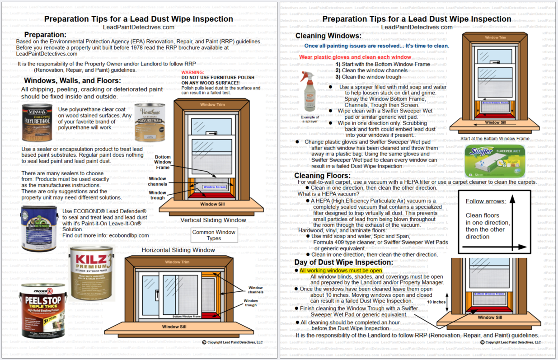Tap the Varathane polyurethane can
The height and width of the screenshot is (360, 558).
coord(150,122)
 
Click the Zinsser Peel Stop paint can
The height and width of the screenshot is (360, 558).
coord(43,310)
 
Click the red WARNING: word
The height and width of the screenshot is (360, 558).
coord(192,72)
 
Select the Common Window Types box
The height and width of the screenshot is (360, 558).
coord(214,235)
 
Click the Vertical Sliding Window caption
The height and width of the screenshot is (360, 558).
coord(213,220)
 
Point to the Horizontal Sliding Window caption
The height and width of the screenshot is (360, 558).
coord(178,250)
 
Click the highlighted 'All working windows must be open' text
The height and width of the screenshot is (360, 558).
coord(341,271)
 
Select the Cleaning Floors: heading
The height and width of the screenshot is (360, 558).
coord(322,175)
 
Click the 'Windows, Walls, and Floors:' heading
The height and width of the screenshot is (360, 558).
coord(72,80)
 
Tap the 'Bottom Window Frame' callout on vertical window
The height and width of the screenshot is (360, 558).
coord(163,162)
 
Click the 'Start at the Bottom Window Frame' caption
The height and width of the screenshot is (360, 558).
coord(495,139)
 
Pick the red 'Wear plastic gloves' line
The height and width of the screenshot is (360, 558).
coord(355,57)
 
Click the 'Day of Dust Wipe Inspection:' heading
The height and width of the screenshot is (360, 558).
coord(343,262)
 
